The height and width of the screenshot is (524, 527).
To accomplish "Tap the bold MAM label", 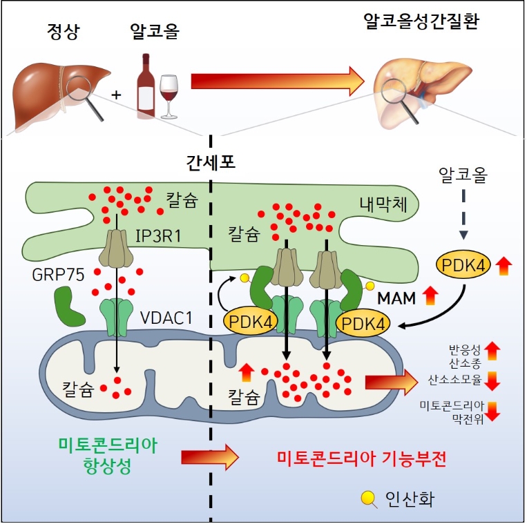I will (397, 298).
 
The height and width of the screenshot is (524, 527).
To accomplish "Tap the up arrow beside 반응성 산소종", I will (492, 351).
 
